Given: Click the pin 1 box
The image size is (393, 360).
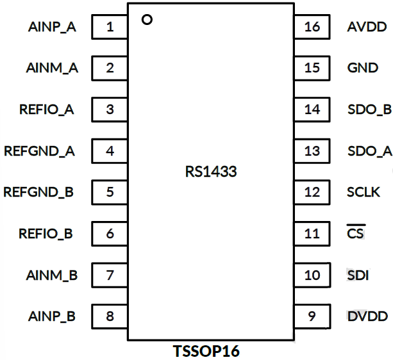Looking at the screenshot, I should pyautogui.click(x=110, y=28).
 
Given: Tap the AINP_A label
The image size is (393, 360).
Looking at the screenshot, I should pyautogui.click(x=52, y=28).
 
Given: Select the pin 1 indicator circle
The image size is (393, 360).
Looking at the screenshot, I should pyautogui.click(x=147, y=20).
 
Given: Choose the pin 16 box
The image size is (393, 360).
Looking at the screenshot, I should pyautogui.click(x=312, y=28).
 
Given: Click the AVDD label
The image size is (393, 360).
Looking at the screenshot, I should pyautogui.click(x=367, y=28).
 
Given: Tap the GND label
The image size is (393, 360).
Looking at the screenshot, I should pyautogui.click(x=362, y=68).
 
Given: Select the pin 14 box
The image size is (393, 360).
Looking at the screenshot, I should pyautogui.click(x=312, y=110).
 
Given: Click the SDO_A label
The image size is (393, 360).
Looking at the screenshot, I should pyautogui.click(x=369, y=151).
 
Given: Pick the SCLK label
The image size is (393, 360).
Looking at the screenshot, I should pyautogui.click(x=363, y=192).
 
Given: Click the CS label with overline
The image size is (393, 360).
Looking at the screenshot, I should pyautogui.click(x=355, y=234).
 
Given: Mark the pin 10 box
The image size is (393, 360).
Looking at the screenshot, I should pyautogui.click(x=312, y=275).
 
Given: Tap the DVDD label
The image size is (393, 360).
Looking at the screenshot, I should pyautogui.click(x=367, y=316).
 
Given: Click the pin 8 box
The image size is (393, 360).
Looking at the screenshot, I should pyautogui.click(x=110, y=316).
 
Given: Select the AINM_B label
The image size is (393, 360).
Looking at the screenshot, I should pyautogui.click(x=52, y=275).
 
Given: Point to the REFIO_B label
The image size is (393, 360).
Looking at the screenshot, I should pyautogui.click(x=46, y=234).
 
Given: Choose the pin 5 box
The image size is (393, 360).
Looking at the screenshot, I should pyautogui.click(x=110, y=192).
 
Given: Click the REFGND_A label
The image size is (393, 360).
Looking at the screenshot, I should pyautogui.click(x=39, y=151).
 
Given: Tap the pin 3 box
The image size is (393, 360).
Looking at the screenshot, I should pyautogui.click(x=110, y=110).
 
